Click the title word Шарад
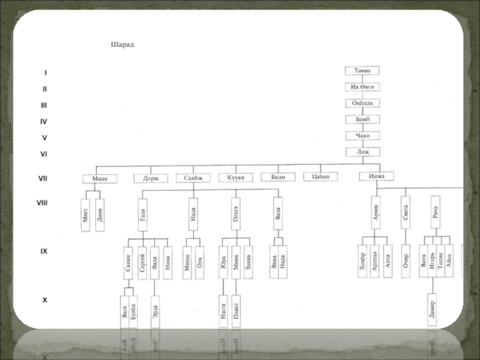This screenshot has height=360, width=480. (x=122, y=44)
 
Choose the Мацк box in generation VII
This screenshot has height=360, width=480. (x=99, y=178)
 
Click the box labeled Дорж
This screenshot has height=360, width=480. (x=151, y=178)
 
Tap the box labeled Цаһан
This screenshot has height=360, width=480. (x=321, y=176)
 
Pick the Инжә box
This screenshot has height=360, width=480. (x=376, y=176)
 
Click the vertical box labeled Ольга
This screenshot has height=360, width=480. (x=236, y=214)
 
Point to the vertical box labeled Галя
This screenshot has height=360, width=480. (x=142, y=214)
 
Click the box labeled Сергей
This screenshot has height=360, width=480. (x=142, y=262)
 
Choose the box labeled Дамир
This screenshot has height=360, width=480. (x=431, y=309)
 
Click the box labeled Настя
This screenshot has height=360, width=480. (x=223, y=311)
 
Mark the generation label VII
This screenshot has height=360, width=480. (x=44, y=178)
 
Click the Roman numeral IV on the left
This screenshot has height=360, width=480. (x=44, y=121)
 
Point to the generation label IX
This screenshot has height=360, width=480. (x=44, y=252)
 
